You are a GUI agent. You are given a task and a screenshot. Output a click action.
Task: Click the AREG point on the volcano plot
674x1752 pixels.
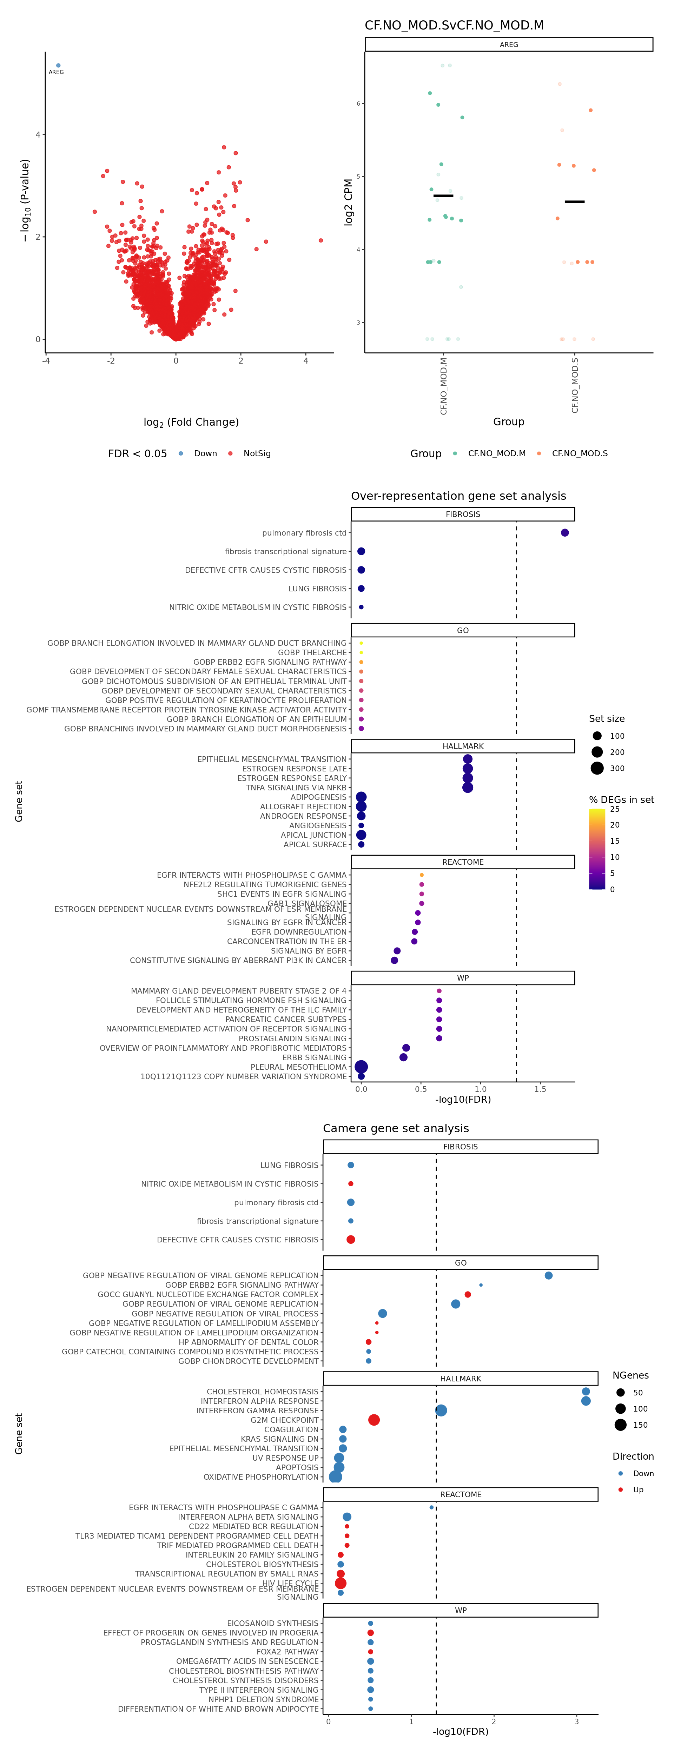[58, 65]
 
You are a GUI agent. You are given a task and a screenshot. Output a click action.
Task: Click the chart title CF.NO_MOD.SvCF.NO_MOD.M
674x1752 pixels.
[454, 25]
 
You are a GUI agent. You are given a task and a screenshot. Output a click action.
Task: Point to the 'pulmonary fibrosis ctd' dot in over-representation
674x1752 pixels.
[564, 532]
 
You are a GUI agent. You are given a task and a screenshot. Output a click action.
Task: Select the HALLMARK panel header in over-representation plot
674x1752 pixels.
[462, 746]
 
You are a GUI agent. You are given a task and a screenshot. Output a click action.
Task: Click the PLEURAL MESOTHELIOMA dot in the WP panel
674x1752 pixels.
[361, 1067]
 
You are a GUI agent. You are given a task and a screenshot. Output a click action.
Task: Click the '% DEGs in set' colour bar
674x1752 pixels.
[596, 849]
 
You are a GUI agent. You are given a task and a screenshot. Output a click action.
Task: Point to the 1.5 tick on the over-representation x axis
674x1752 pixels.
[540, 1089]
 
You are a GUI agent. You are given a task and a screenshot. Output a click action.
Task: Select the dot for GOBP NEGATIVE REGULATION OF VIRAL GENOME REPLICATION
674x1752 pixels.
[548, 1275]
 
